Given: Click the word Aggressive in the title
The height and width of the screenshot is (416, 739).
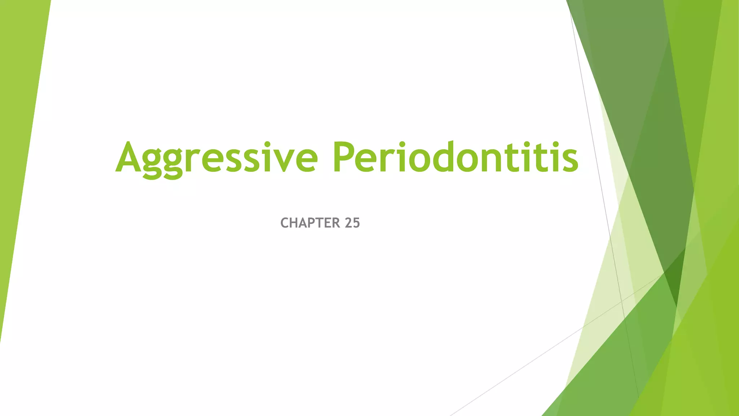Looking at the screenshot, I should tap(217, 159).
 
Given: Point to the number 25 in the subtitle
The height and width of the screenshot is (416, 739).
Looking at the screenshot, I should tap(352, 223).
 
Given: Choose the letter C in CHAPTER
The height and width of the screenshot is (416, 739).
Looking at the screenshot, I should tap(285, 223).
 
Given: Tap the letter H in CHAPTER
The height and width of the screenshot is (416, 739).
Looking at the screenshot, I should tap(295, 223).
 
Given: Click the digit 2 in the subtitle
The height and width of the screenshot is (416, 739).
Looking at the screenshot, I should tap(348, 223).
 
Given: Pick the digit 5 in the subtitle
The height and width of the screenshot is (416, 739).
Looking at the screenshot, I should tap(356, 223).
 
